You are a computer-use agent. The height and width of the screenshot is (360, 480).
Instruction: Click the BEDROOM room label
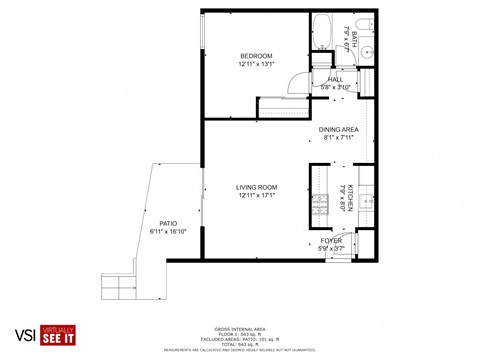[x=256, y=55]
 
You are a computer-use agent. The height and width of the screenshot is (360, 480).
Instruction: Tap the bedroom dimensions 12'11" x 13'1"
[x=256, y=64]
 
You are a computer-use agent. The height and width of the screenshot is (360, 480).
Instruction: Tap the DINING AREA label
[x=338, y=129]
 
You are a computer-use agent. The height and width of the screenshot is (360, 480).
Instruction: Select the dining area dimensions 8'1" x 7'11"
[x=338, y=138]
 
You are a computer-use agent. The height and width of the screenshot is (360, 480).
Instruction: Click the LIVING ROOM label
[x=256, y=186]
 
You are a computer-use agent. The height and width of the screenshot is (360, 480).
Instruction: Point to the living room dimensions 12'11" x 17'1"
[x=256, y=195]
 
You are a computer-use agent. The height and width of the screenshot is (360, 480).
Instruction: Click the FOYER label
[x=331, y=240]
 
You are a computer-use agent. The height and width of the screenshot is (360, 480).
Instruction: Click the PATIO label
[x=168, y=223]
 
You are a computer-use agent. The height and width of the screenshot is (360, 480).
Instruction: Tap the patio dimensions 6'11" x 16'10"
[x=168, y=232]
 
